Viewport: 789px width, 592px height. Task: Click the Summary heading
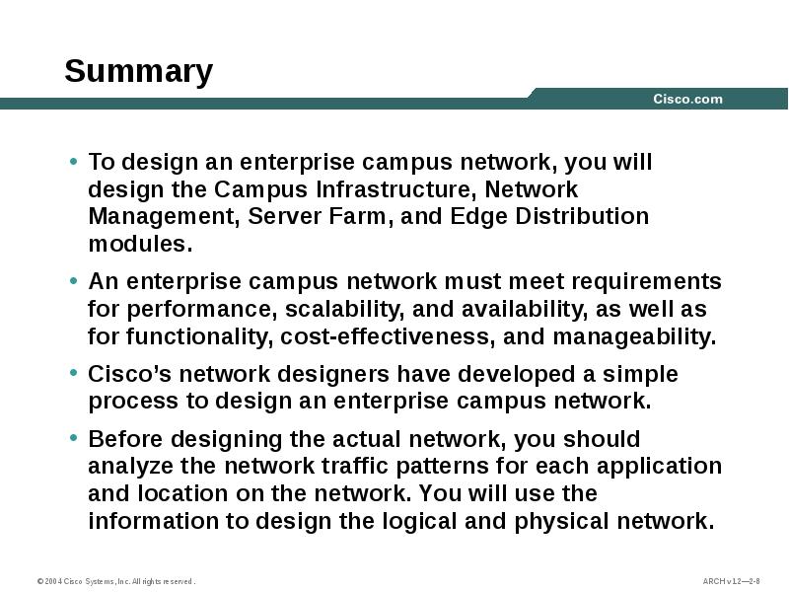(138, 72)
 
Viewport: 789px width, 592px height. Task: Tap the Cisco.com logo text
(687, 99)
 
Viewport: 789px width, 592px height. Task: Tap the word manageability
(633, 336)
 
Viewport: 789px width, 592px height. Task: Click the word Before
(117, 439)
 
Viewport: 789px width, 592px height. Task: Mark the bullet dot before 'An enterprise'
(74, 282)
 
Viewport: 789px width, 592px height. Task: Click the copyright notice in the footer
(115, 581)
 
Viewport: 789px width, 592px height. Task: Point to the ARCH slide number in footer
(731, 581)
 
